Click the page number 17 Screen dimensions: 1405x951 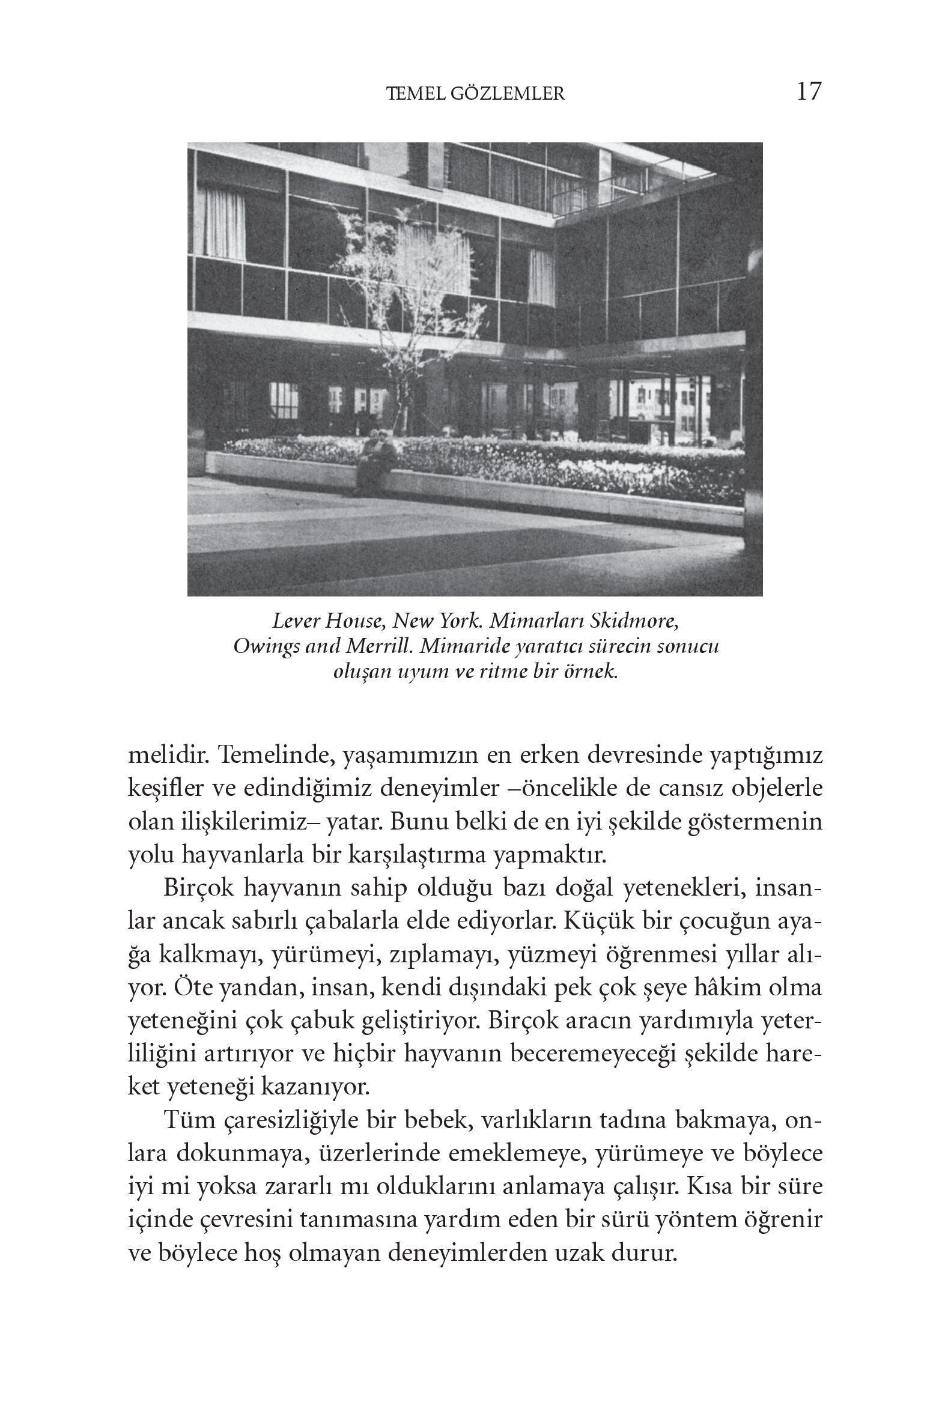(x=809, y=91)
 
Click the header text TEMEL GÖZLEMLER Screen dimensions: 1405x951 (x=475, y=94)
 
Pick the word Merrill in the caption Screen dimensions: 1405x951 (x=378, y=646)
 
